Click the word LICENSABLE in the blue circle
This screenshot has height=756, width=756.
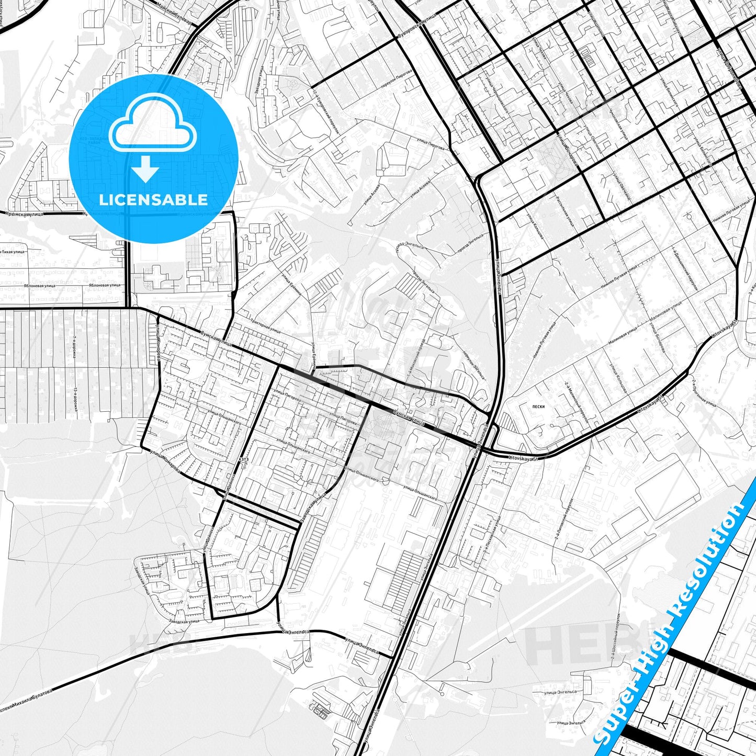tap(153, 200)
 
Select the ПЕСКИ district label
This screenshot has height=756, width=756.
tap(538, 407)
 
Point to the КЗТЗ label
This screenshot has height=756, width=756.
tap(244, 459)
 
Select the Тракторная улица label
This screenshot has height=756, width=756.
tap(265, 325)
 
